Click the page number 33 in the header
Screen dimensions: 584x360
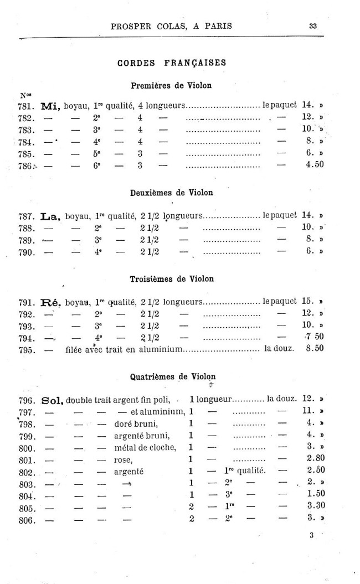click(x=313, y=25)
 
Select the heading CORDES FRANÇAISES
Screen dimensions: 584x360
click(x=172, y=63)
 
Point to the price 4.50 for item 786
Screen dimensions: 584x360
click(x=315, y=164)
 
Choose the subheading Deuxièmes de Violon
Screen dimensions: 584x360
click(x=172, y=193)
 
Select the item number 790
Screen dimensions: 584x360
click(x=27, y=252)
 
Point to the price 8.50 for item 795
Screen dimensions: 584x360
click(x=315, y=349)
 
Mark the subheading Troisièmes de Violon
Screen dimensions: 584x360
click(x=172, y=278)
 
